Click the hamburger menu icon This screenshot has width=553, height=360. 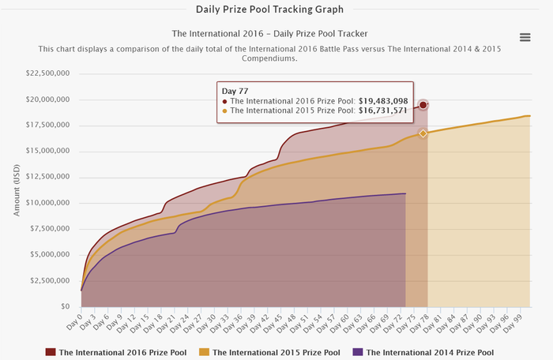[x=525, y=38]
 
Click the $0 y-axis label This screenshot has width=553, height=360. [x=65, y=306]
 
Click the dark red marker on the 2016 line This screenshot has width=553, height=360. [x=423, y=105]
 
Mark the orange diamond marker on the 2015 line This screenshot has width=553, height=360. [x=423, y=133]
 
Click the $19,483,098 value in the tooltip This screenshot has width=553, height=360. [x=382, y=101]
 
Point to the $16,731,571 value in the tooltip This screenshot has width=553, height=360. [x=382, y=111]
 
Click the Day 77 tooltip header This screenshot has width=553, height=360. [x=236, y=90]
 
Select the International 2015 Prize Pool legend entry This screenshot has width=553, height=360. [x=270, y=352]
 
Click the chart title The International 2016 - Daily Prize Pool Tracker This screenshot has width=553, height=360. [x=270, y=33]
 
